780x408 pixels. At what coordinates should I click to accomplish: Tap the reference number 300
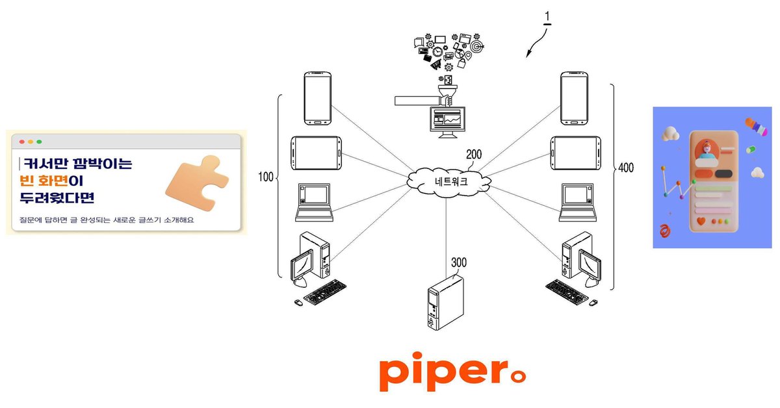(459, 262)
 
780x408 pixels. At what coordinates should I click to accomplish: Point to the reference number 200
(474, 154)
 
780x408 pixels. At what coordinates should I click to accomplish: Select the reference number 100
(266, 177)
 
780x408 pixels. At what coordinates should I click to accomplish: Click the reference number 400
(626, 168)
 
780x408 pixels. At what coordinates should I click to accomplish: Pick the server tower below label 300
(446, 303)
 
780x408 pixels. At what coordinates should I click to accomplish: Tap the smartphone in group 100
(318, 98)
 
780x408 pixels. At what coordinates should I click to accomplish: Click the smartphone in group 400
(574, 98)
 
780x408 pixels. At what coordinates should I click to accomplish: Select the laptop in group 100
(314, 203)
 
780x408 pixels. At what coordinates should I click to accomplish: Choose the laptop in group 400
(578, 203)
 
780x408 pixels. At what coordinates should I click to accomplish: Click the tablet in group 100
(316, 153)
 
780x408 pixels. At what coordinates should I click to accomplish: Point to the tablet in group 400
(576, 153)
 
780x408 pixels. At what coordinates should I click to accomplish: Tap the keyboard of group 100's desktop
(325, 292)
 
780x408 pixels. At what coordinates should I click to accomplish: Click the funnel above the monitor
(447, 92)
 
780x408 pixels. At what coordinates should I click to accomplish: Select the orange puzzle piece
(198, 183)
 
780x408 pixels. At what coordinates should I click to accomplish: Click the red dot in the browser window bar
(22, 142)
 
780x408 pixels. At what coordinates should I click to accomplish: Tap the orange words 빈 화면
(44, 181)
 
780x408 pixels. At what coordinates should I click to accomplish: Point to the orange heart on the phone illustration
(701, 221)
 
